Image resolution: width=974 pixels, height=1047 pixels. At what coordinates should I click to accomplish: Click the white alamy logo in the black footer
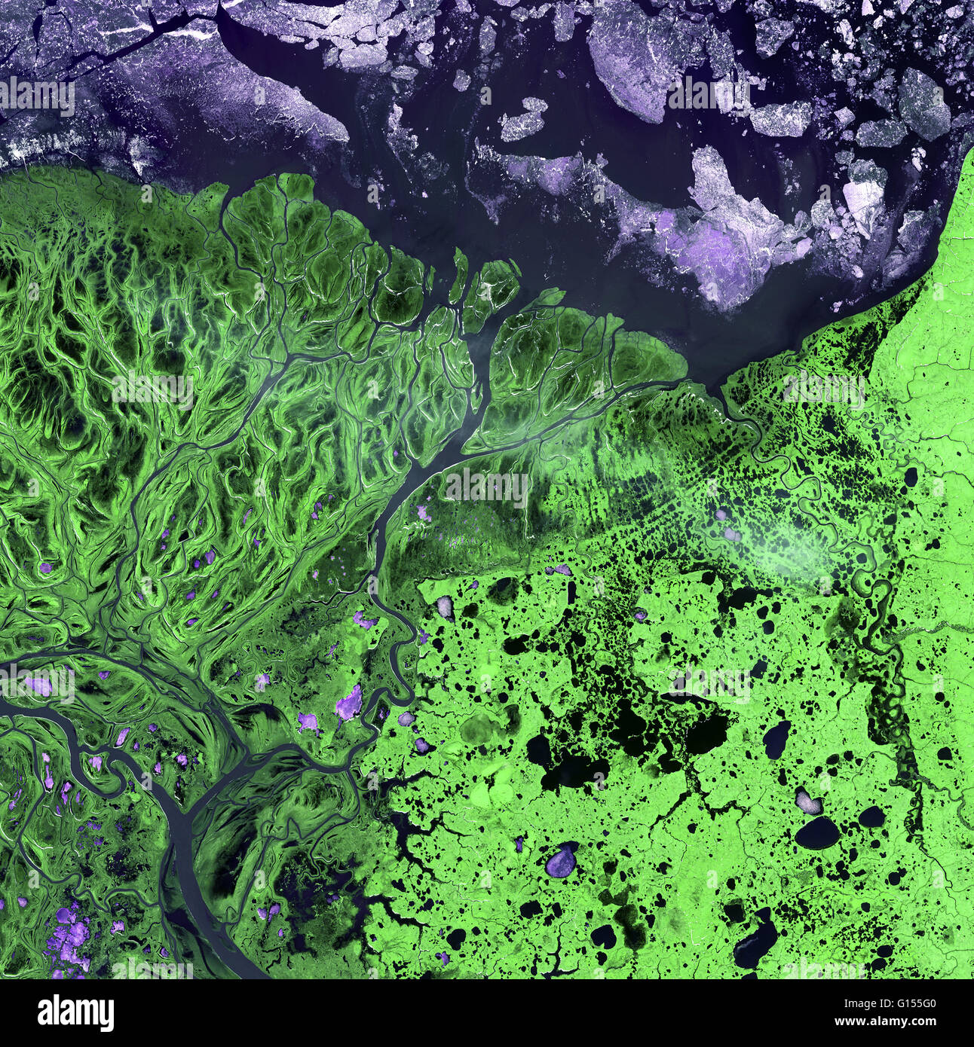(x=76, y=1013)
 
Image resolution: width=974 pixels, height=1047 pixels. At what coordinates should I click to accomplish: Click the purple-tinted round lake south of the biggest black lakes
(x=561, y=859)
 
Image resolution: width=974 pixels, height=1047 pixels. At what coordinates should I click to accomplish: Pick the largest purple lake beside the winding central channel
(x=348, y=705)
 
